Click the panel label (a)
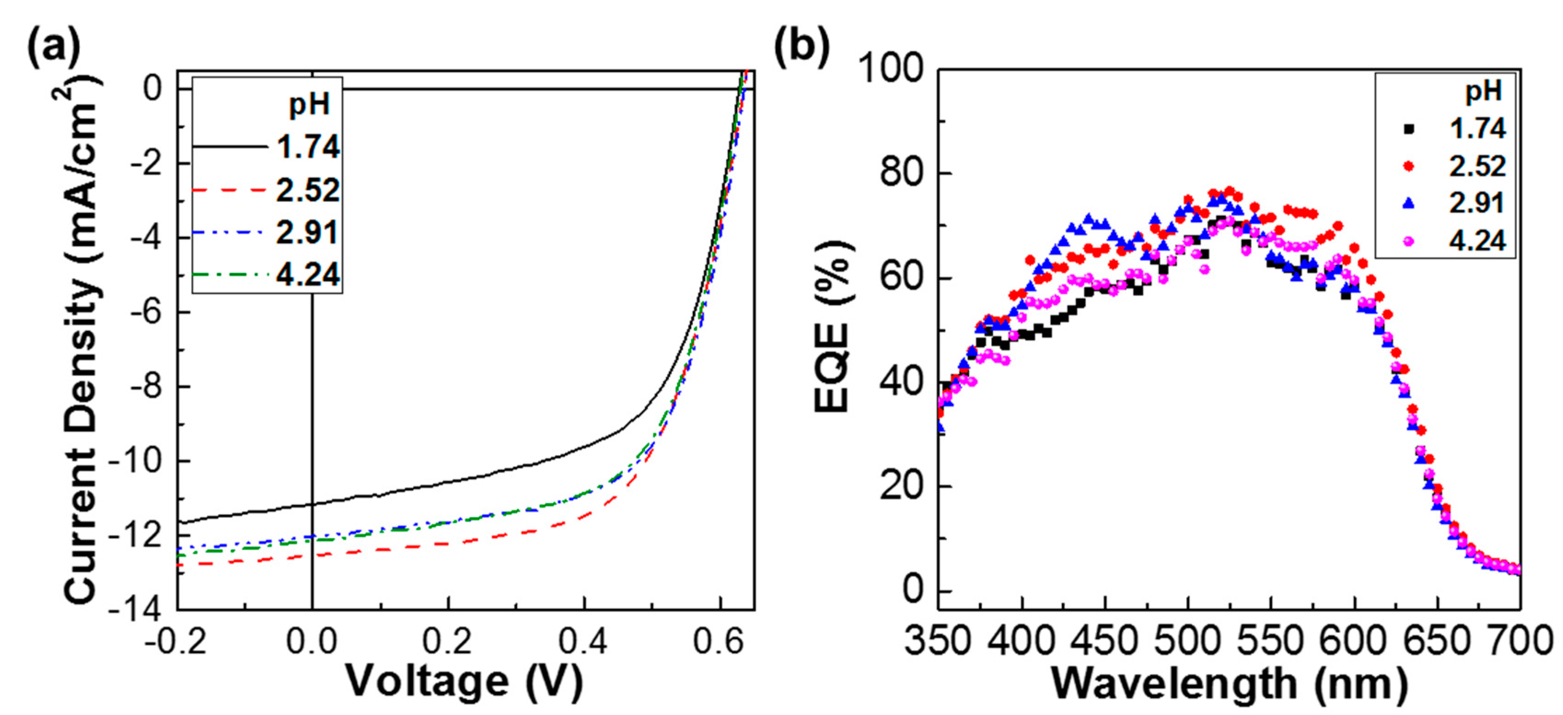53,47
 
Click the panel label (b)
802,47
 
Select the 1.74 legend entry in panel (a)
308,147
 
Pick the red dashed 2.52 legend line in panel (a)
229,190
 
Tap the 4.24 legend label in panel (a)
308,275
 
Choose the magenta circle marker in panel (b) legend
1409,241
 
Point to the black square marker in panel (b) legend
1409,128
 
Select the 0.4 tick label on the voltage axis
583,641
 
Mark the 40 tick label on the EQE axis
904,383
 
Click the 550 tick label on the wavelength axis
1270,641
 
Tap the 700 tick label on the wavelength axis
1519,641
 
